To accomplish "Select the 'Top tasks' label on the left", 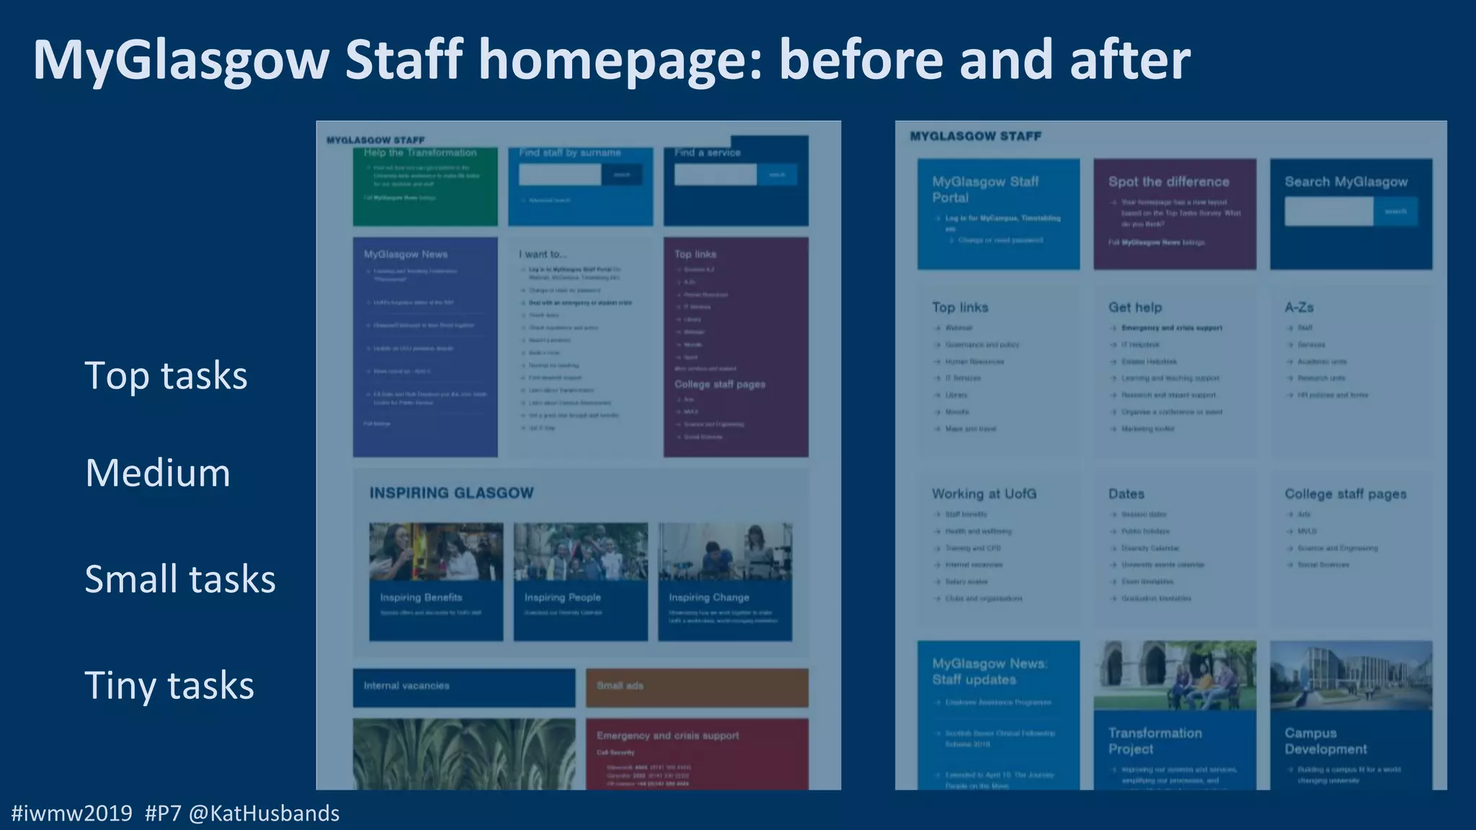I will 166,376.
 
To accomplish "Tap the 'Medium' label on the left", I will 158,473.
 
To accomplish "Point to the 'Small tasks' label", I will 180,579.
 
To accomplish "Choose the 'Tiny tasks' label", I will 169,686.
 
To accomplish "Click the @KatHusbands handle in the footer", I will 264,813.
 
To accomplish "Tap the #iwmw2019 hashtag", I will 72,813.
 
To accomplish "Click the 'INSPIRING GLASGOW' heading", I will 452,494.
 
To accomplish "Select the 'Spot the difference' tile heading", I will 1168,182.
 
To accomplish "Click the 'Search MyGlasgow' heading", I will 1346,182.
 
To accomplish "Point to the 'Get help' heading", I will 1135,308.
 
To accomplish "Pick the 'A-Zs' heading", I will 1299,308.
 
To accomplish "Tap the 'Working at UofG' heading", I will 984,494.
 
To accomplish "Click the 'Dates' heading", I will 1126,494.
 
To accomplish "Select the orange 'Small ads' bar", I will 696,687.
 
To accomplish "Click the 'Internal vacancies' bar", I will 463,687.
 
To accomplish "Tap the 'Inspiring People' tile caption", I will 562,598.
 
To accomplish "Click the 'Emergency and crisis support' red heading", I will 667,736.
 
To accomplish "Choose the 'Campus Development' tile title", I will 1325,741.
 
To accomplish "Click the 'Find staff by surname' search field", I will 559,174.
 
